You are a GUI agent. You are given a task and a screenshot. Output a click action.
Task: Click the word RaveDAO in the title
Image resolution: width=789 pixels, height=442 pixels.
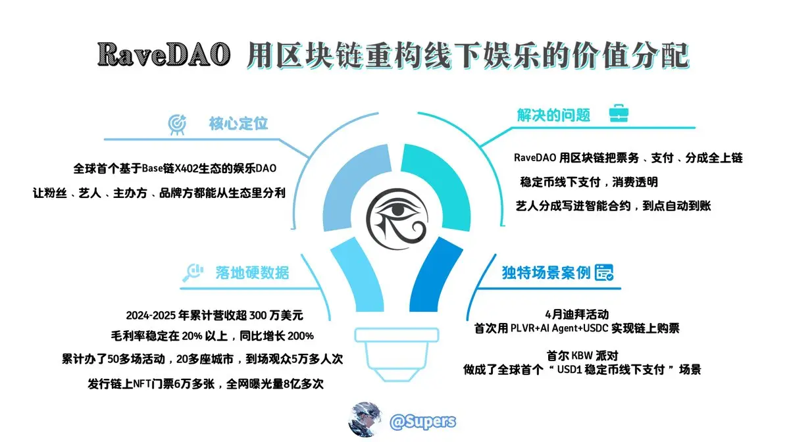click(164, 55)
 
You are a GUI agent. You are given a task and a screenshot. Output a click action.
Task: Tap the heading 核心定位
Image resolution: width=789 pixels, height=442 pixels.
click(238, 123)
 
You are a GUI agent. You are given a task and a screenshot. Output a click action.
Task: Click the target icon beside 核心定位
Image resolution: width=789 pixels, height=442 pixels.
click(177, 124)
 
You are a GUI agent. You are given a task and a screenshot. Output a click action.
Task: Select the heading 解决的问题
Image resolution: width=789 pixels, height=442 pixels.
click(553, 115)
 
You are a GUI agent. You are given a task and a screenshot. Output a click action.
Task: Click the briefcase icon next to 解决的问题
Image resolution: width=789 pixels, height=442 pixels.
click(619, 114)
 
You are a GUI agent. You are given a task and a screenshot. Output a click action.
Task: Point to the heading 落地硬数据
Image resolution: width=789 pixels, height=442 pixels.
click(252, 272)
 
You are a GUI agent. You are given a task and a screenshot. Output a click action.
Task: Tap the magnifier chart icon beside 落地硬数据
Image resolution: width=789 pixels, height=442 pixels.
click(193, 272)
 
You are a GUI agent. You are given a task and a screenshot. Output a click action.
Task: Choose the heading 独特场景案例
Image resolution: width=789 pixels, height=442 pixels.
click(546, 272)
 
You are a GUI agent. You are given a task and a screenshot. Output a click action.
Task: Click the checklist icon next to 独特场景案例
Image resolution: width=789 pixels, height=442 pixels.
click(604, 272)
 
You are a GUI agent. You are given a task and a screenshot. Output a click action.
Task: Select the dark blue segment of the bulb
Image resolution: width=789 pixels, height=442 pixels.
click(435, 274)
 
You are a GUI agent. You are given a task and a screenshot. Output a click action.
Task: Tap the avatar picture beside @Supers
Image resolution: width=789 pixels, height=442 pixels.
click(365, 420)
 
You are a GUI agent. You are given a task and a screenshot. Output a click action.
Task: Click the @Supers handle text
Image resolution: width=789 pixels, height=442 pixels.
click(422, 421)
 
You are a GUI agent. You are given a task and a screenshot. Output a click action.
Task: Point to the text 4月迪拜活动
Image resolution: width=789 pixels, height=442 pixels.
click(576, 314)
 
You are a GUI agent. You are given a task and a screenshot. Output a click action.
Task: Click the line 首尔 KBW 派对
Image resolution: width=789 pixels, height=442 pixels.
click(582, 356)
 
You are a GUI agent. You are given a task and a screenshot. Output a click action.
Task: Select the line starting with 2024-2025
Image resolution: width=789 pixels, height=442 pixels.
click(215, 315)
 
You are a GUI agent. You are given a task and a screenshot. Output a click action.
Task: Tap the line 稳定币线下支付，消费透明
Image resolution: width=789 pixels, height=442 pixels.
click(589, 182)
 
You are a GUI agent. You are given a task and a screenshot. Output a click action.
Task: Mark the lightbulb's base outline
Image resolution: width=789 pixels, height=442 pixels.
click(397, 355)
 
